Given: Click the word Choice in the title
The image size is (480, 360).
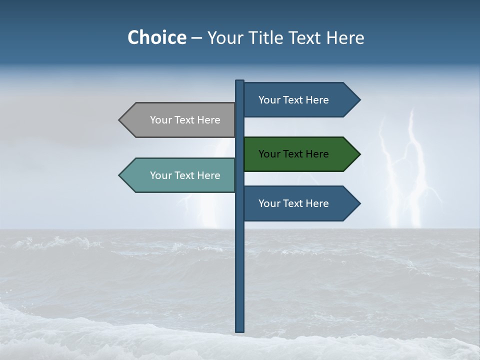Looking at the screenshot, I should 156,37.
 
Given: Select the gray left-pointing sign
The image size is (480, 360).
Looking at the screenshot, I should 180,120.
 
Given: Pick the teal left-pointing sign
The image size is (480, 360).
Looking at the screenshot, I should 180,175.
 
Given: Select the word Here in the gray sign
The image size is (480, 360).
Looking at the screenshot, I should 208,120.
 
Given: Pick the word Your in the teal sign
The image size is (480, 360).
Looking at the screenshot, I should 160,175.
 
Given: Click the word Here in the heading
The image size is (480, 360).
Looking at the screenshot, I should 345,37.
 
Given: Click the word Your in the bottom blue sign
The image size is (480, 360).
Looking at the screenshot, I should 269,203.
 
